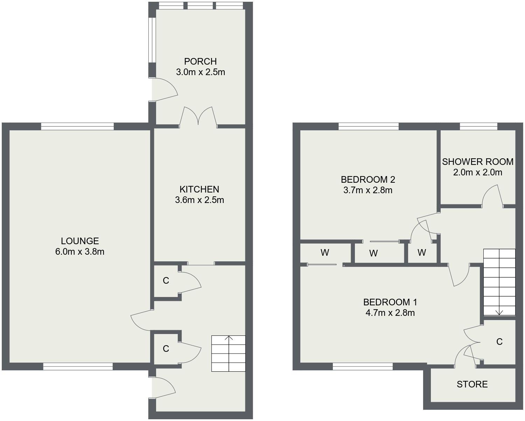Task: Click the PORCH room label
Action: point(200,61)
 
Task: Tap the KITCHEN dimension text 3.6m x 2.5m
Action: point(199,200)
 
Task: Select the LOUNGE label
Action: point(80,241)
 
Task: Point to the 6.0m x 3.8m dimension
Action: point(80,252)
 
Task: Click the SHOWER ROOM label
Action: point(477,162)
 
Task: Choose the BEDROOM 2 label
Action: point(368,180)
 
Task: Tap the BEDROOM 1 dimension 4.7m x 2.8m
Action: point(390,313)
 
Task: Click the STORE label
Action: point(472,384)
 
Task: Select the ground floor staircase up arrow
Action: point(229,338)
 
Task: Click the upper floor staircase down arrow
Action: point(499,312)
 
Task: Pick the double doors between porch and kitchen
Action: point(198,116)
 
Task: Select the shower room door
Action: point(492,196)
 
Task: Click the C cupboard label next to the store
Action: point(499,342)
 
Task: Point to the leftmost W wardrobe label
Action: point(324,252)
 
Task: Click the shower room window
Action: point(478,126)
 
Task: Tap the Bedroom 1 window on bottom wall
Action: point(363,366)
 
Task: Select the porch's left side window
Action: point(152,40)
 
